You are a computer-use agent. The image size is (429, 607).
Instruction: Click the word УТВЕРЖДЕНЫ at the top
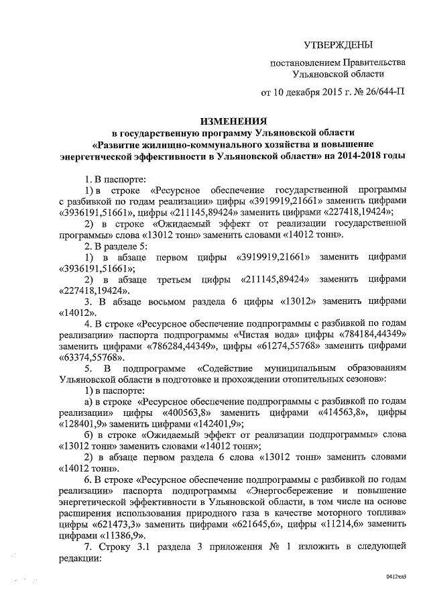tap(338, 45)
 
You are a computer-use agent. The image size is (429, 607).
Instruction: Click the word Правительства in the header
tap(374, 62)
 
